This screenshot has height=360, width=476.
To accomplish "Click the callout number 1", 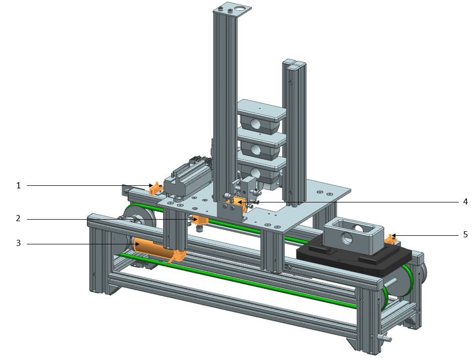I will click(19, 185).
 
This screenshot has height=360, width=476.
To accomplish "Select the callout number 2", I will click(19, 219).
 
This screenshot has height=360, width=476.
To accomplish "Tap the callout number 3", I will click(19, 243).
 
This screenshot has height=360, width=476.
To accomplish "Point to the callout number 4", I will click(465, 201).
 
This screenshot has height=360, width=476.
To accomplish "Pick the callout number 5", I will click(465, 234).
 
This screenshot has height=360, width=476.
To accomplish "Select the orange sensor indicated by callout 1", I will click(155, 189).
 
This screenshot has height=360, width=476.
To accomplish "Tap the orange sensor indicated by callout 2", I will click(201, 220).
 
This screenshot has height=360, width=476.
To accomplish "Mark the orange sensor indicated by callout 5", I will click(392, 238).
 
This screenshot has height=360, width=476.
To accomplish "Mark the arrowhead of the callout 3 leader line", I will click(138, 244).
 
